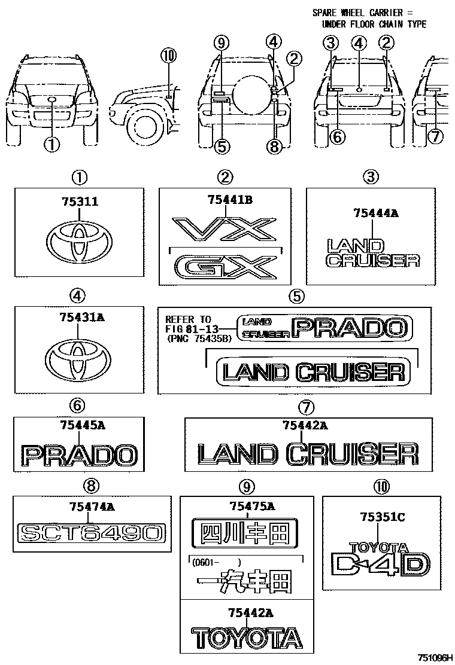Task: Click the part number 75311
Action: pyautogui.click(x=78, y=203)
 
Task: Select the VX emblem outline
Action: pyautogui.click(x=224, y=230)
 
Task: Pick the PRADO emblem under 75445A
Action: pyautogui.click(x=79, y=456)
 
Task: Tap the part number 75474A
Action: pyautogui.click(x=92, y=507)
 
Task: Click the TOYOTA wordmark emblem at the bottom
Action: pyautogui.click(x=247, y=637)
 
